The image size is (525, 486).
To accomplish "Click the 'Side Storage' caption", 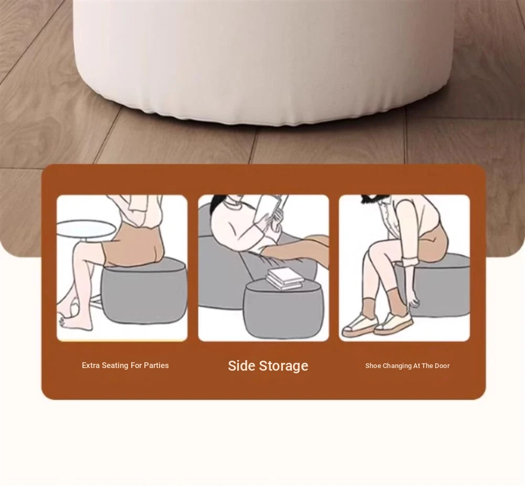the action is point(268,365).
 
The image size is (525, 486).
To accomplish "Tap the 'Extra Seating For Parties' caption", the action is point(125,365).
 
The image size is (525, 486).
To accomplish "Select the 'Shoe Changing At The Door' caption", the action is point(407,365).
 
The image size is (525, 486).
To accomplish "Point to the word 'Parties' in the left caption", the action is point(156,365).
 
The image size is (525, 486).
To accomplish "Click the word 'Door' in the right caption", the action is point(442,365).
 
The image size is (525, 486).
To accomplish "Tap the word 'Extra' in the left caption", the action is point(91,365).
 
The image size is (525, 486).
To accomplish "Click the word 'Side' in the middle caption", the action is point(241,365).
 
